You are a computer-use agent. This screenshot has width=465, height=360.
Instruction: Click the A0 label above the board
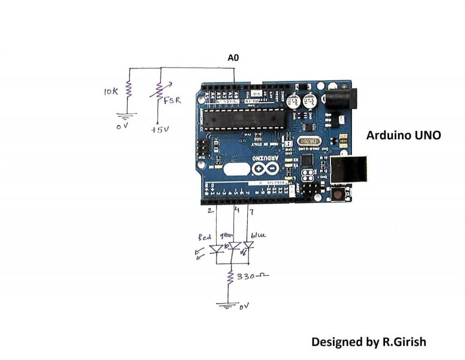(233, 58)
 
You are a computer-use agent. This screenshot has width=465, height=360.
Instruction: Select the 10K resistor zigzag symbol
(129, 90)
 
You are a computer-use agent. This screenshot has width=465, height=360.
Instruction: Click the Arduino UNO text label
(403, 135)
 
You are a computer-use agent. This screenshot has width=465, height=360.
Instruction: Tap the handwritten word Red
(204, 237)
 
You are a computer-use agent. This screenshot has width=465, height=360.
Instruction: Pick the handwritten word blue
(258, 235)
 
